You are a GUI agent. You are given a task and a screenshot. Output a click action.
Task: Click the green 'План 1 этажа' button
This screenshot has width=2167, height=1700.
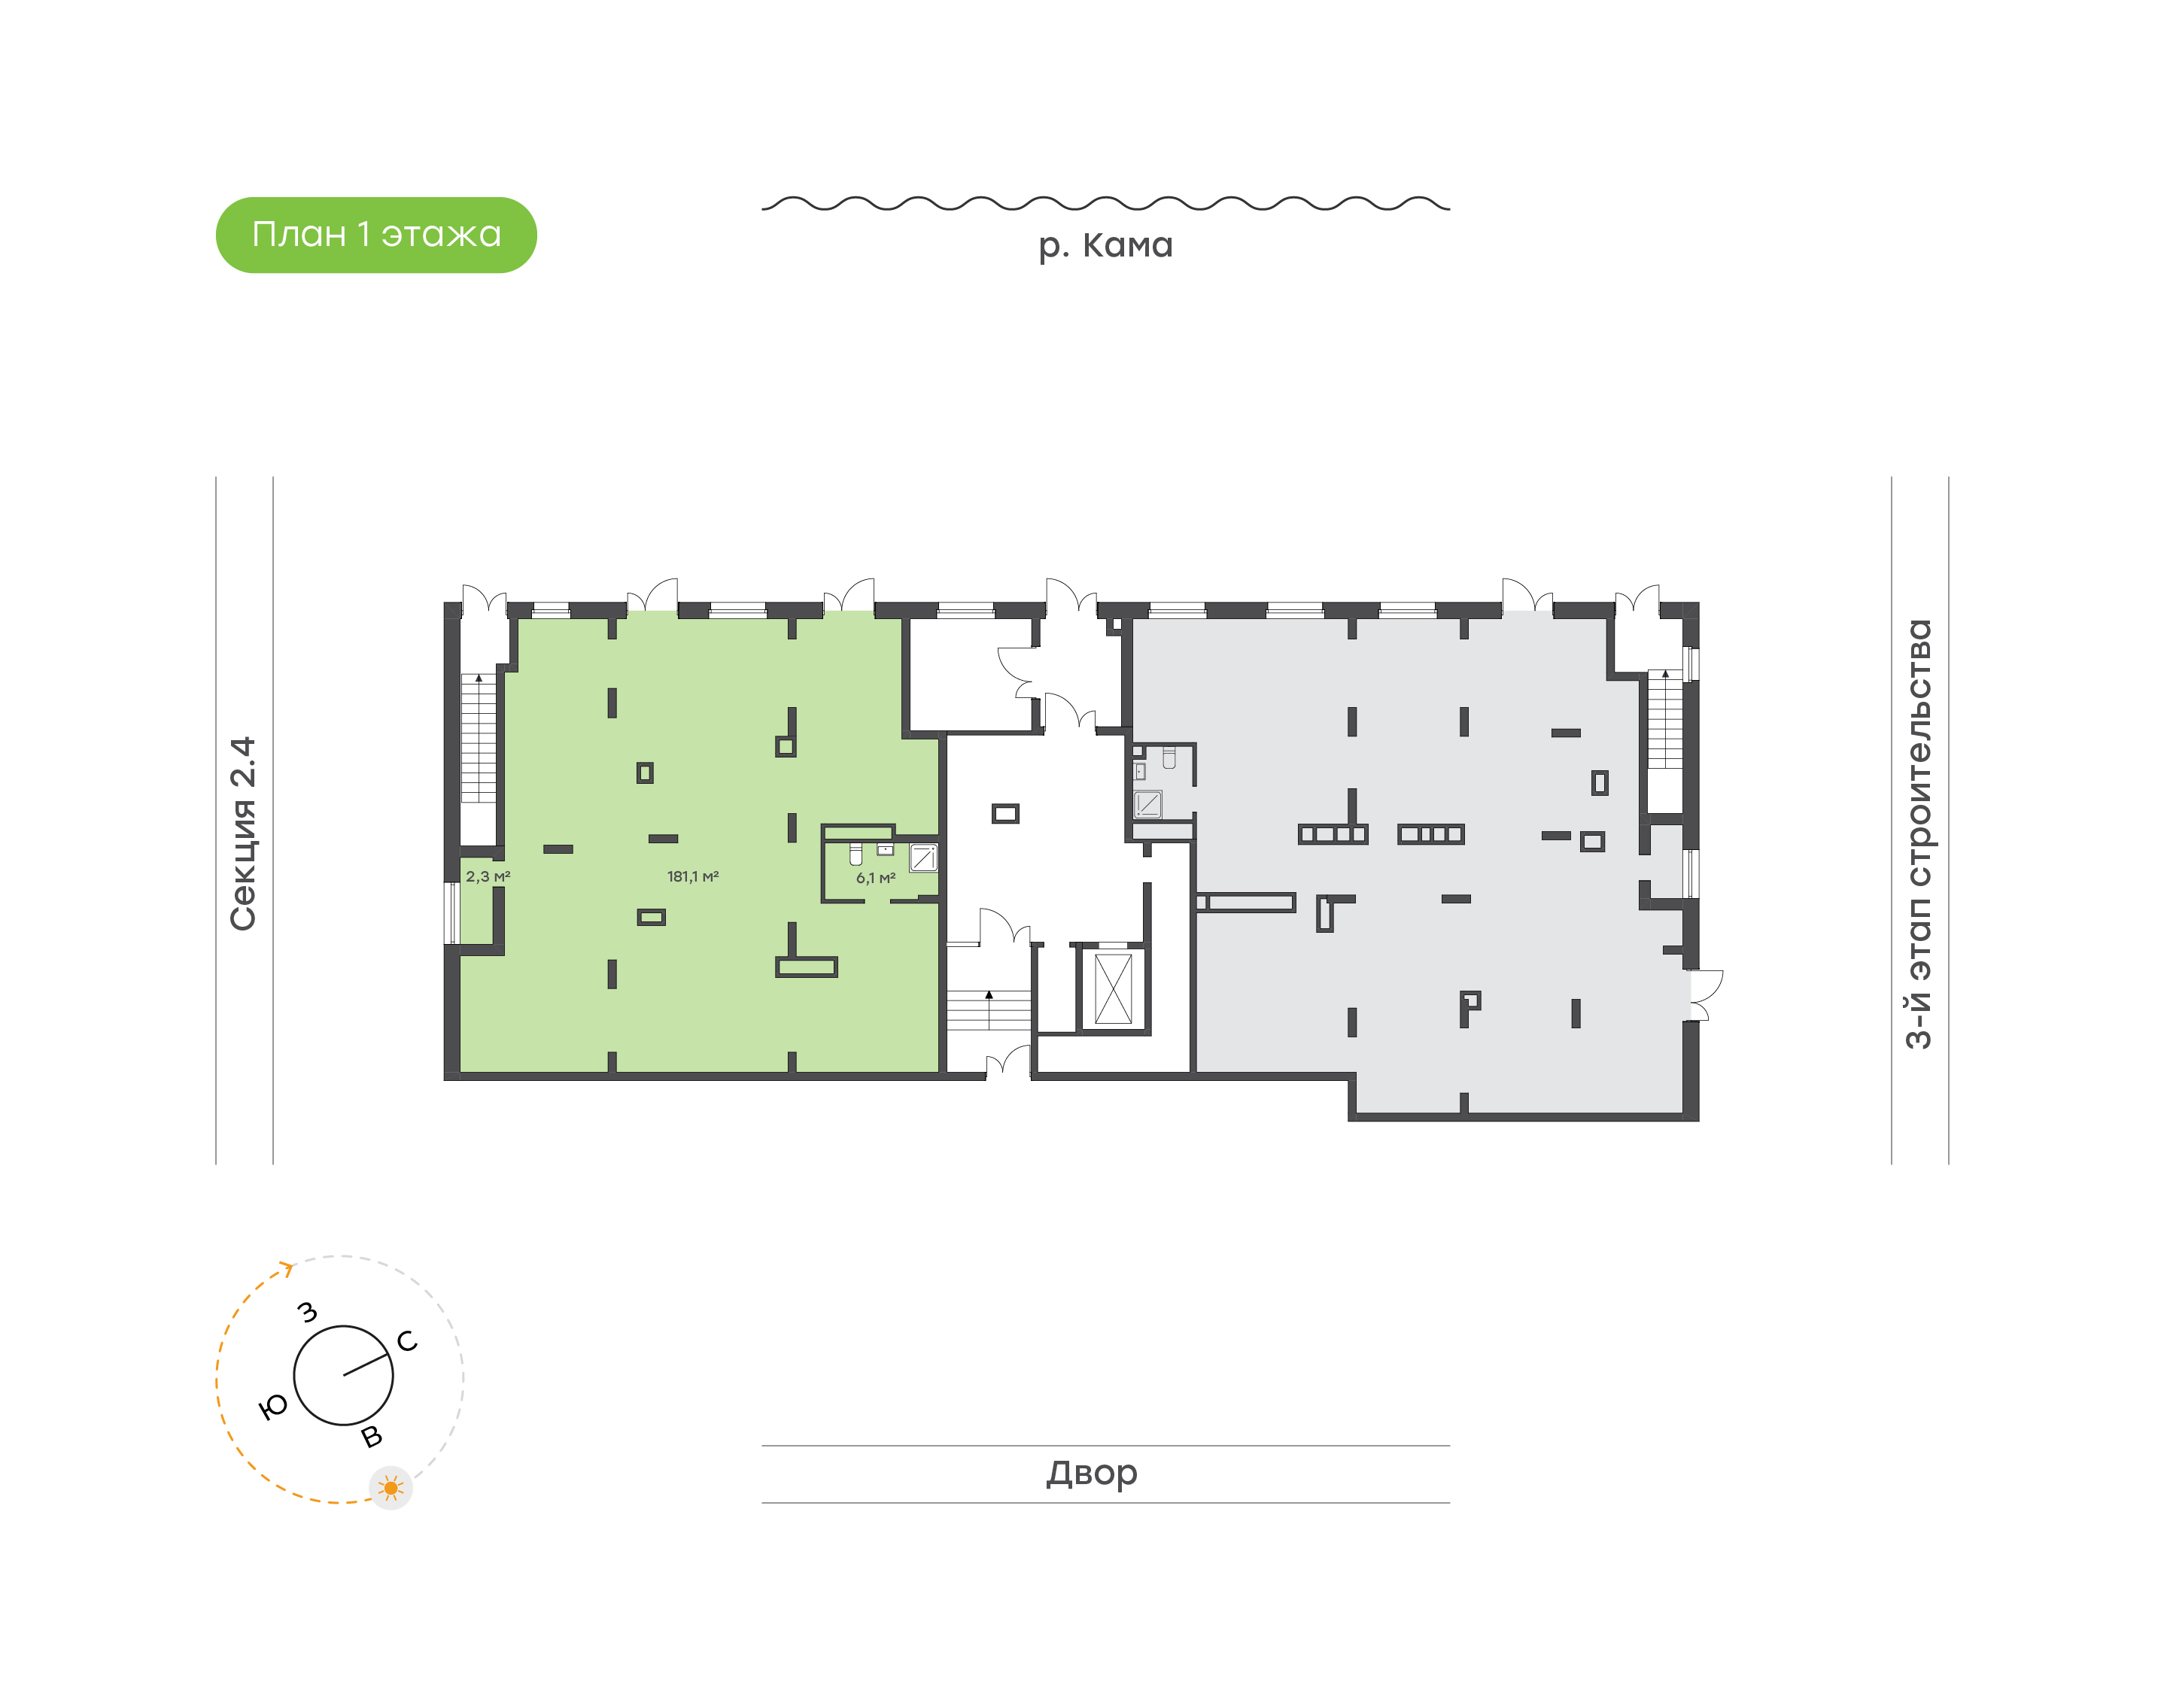[376, 235]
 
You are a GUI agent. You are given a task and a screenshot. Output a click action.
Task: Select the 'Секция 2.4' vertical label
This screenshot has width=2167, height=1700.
[243, 834]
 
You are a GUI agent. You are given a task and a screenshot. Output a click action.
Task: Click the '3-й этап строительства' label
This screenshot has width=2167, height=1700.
[1918, 834]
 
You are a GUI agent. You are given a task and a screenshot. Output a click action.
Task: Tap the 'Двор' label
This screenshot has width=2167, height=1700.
[1092, 1473]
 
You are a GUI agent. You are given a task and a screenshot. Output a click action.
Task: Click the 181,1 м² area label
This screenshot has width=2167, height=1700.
[693, 877]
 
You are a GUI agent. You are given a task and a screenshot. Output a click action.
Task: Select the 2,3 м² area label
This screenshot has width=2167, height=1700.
[488, 877]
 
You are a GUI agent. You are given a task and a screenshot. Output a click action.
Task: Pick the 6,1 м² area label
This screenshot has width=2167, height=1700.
[876, 878]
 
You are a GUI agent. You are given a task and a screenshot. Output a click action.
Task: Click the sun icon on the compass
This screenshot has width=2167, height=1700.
[391, 1488]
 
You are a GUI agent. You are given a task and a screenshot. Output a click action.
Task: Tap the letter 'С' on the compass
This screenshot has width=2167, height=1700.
[407, 1340]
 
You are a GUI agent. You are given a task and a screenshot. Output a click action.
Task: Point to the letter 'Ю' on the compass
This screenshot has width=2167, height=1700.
[272, 1407]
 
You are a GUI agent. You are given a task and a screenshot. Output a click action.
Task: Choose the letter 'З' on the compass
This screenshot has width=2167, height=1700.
[308, 1312]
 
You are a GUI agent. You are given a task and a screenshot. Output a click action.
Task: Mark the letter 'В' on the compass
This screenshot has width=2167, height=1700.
[371, 1436]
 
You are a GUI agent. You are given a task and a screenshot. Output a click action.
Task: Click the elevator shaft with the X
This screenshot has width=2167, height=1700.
[1113, 988]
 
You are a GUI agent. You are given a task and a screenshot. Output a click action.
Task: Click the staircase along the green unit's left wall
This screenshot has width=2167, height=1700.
[478, 739]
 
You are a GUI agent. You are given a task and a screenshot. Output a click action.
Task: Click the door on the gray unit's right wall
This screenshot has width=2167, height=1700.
[1704, 995]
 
